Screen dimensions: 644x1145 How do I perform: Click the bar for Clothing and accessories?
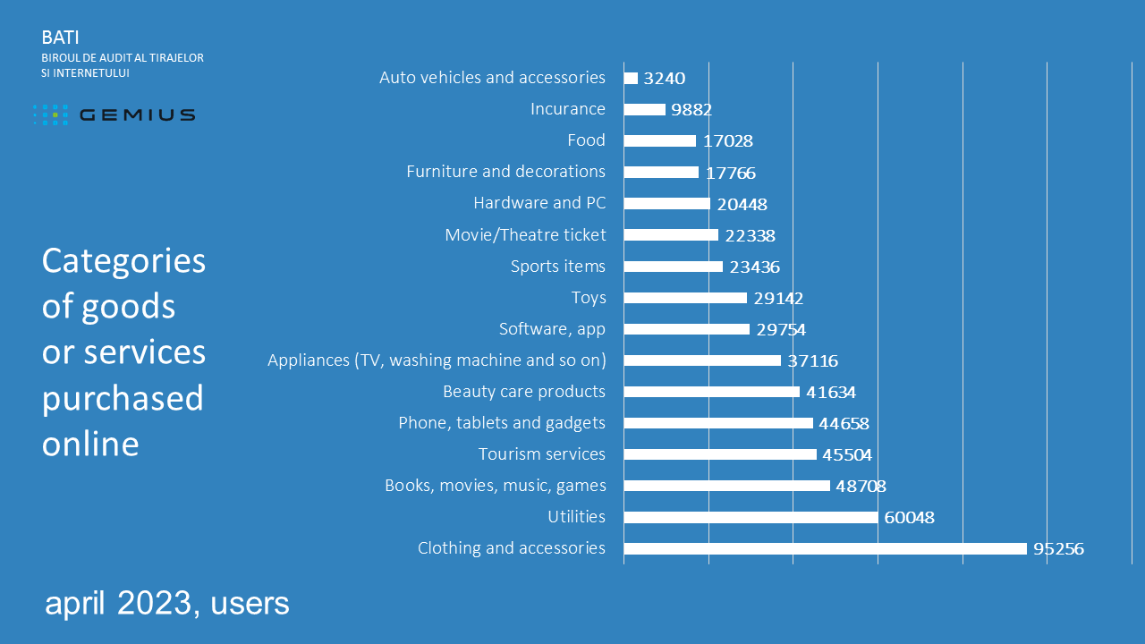coord(825,548)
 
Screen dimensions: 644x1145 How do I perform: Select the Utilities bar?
coord(750,517)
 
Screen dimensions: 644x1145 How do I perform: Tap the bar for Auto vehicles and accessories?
coord(631,78)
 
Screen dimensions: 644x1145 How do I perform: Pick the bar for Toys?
coord(684,298)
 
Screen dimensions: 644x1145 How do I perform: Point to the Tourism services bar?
coord(719,454)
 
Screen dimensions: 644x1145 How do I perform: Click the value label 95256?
coord(1058,548)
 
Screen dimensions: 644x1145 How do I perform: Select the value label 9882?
coord(691,110)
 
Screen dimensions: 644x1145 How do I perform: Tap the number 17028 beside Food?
coord(727,141)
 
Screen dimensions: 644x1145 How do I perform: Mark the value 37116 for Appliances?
coord(812,360)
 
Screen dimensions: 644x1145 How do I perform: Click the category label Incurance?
coord(567,109)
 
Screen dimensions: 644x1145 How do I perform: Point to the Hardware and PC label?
coord(539,203)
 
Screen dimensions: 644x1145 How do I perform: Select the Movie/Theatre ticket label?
coord(525,235)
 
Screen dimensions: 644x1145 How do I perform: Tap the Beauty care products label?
coord(524,392)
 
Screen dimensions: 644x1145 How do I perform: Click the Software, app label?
coord(552,329)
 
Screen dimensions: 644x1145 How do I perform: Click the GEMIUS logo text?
coord(137,114)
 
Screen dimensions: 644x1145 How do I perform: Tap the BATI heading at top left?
coord(60,38)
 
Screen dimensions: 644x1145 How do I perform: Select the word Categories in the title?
coord(123,261)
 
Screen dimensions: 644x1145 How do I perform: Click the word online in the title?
coord(90,444)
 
